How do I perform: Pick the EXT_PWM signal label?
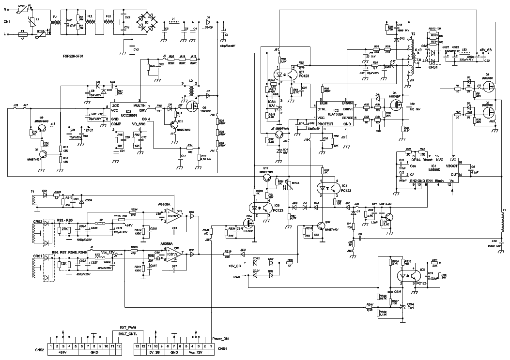click(125, 328)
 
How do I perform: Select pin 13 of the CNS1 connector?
click(137, 346)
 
